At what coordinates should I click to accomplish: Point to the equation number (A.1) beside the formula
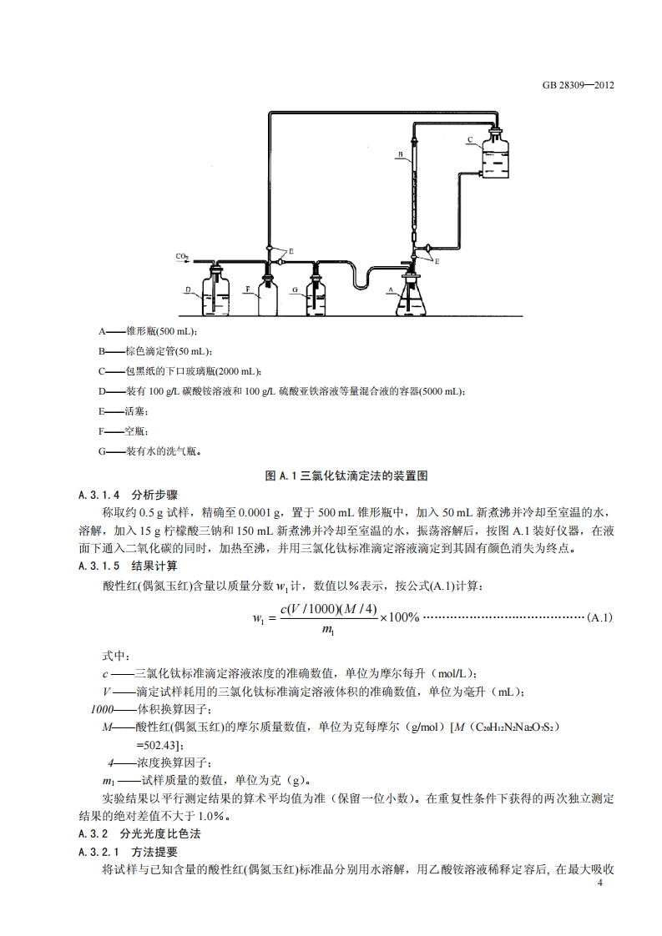[x=600, y=617]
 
